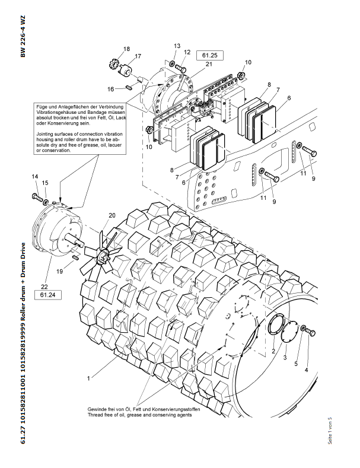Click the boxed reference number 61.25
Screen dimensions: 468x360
pos(214,55)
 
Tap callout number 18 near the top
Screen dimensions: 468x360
pos(126,49)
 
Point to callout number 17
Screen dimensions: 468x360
pos(138,56)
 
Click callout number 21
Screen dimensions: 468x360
pos(209,64)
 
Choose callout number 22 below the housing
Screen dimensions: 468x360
pos(44,284)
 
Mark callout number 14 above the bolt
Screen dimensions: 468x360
pos(34,177)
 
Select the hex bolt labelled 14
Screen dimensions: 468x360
pos(37,195)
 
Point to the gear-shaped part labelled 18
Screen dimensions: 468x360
pos(117,62)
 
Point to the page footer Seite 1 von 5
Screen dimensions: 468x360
pos(330,430)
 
